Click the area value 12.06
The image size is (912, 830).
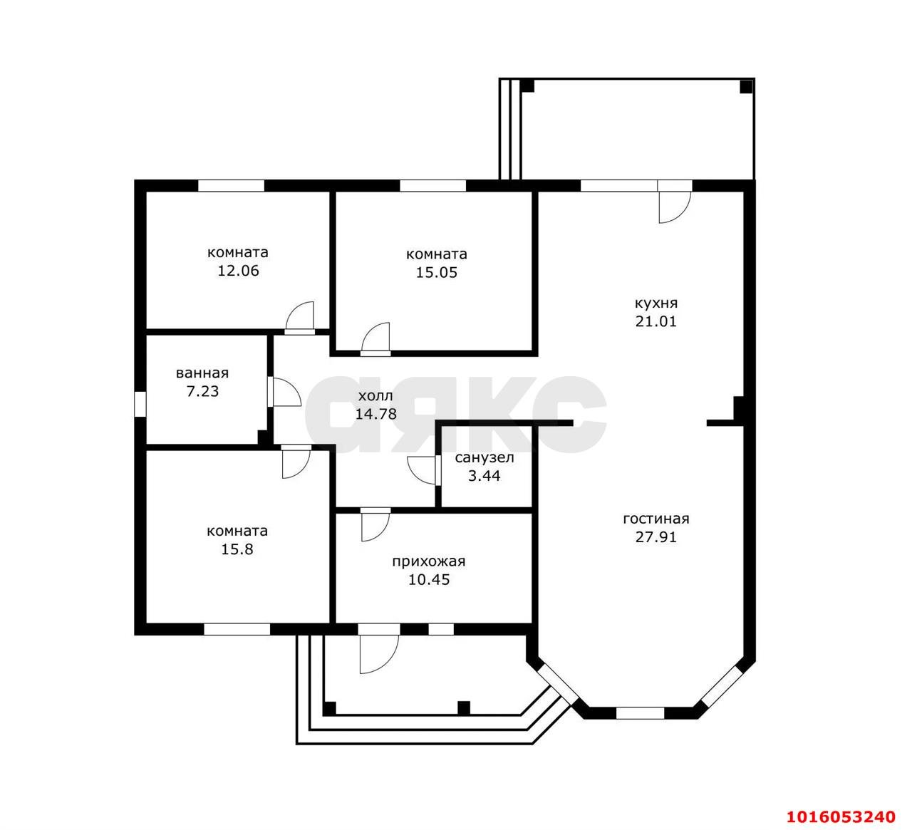pos(238,271)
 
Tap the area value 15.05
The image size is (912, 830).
pos(437,273)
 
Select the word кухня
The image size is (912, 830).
pos(655,304)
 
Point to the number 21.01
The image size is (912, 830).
pos(655,321)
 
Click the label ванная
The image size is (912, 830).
pos(202,373)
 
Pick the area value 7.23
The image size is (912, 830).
pos(203,391)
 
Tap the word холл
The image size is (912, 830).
pos(375,396)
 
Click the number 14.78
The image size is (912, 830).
pos(376,414)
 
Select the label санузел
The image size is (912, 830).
pos(484,458)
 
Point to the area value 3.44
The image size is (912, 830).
pos(484,476)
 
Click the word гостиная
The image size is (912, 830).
pos(655,519)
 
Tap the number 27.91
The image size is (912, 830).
pos(655,537)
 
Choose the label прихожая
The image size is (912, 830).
pos(429,562)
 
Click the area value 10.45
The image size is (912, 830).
pos(429,580)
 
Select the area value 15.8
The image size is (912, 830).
pos(237,549)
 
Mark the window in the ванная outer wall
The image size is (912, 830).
pos(140,404)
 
